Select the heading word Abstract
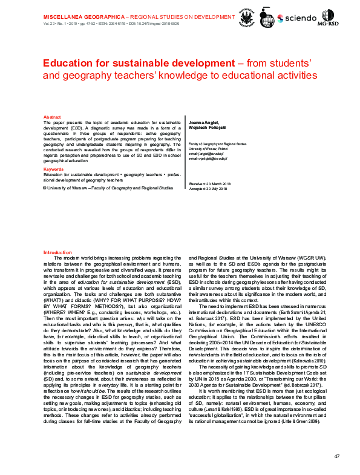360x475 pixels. click(x=52, y=117)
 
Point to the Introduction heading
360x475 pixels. click(x=58, y=252)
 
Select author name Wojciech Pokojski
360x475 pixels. click(x=206, y=126)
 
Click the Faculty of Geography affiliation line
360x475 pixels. click(x=217, y=145)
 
